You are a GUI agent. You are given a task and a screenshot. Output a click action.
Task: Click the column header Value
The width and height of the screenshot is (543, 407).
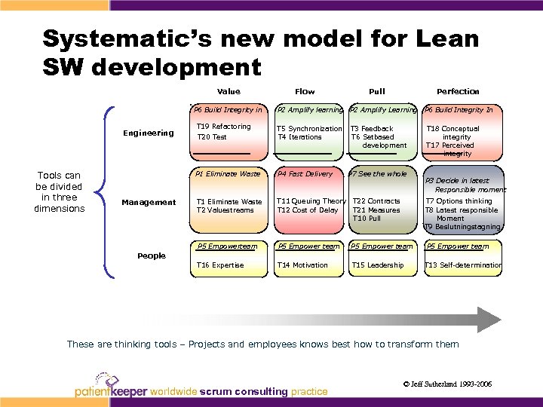point(229,91)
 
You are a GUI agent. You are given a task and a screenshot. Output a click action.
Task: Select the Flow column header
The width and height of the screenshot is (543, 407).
point(305,91)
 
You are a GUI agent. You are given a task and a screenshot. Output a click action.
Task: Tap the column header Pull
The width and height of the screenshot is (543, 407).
point(376,91)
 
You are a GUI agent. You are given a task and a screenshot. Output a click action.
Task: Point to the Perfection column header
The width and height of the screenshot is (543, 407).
point(458,91)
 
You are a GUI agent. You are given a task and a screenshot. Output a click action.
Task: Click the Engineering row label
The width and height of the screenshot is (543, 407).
point(149,133)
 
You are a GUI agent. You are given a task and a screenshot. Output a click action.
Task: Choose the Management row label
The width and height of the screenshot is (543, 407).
point(149,202)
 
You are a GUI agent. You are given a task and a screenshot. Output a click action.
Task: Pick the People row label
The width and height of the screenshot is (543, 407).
point(152,256)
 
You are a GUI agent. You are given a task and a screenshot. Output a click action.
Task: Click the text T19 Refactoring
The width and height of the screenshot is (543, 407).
point(223,127)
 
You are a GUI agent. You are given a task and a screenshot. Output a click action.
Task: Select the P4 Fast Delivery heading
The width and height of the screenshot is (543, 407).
point(305,174)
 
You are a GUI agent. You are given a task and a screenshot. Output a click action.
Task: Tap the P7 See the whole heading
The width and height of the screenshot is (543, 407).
point(377,174)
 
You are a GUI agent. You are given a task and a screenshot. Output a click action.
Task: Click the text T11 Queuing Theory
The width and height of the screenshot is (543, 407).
point(311,201)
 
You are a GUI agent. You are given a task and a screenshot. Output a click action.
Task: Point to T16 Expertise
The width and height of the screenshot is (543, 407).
point(220,265)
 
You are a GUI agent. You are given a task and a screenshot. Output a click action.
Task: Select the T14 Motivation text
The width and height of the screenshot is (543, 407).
point(302,265)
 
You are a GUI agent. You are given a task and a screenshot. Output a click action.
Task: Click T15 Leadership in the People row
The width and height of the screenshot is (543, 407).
point(378,265)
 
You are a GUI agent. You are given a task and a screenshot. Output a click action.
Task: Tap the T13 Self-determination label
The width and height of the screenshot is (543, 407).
point(463,265)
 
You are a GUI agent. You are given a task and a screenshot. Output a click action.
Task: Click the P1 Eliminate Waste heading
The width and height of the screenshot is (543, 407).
point(228,174)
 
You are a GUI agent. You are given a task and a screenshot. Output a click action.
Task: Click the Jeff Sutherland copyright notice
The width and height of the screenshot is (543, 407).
point(447,384)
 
